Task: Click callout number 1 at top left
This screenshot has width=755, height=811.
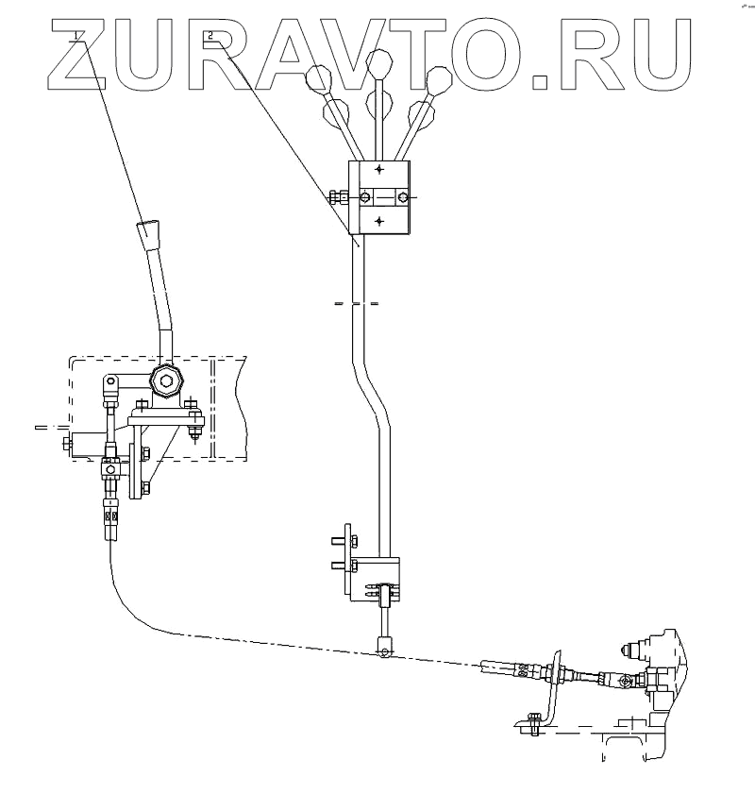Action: click(74, 36)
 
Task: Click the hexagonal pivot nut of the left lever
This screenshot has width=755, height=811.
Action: click(168, 382)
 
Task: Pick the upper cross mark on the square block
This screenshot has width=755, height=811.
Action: click(379, 171)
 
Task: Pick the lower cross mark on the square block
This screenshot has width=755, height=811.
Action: click(379, 221)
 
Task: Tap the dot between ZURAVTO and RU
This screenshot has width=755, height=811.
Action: click(541, 81)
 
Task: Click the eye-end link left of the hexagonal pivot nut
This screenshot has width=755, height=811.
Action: click(110, 383)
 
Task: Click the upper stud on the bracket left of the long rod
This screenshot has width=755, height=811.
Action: click(337, 541)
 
